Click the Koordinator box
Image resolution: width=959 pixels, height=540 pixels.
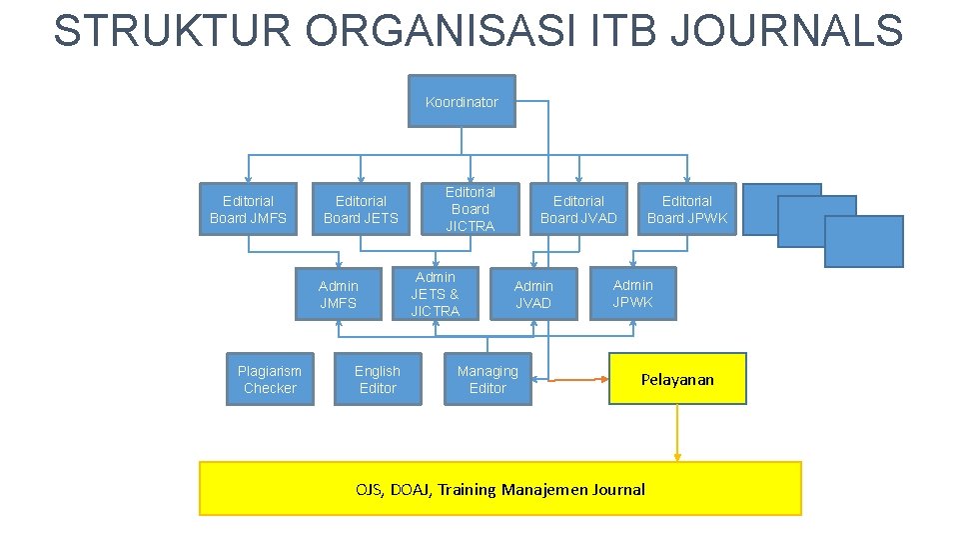pyautogui.click(x=462, y=101)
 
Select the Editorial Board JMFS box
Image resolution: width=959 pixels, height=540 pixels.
pyautogui.click(x=248, y=209)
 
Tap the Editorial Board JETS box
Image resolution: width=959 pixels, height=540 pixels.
pyautogui.click(x=361, y=209)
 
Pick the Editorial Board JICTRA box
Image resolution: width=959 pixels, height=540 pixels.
pyautogui.click(x=470, y=209)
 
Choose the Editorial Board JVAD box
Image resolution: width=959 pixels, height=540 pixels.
pyautogui.click(x=578, y=209)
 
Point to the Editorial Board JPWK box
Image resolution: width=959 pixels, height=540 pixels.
pyautogui.click(x=687, y=209)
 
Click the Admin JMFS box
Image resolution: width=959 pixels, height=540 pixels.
pyautogui.click(x=338, y=294)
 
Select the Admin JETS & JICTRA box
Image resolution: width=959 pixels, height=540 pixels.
pyautogui.click(x=435, y=294)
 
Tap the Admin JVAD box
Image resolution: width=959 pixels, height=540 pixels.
pyautogui.click(x=532, y=294)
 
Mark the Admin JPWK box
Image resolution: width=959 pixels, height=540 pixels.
pyautogui.click(x=632, y=293)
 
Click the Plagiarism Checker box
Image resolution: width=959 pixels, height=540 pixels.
pyautogui.click(x=270, y=379)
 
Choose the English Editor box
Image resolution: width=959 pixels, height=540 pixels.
pyautogui.click(x=377, y=379)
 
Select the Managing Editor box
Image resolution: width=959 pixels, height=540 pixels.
pyautogui.click(x=487, y=379)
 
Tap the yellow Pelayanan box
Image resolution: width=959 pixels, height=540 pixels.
pyautogui.click(x=677, y=379)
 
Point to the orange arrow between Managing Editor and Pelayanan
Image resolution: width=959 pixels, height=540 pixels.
pyautogui.click(x=570, y=380)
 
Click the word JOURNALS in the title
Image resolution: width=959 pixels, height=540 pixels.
pyautogui.click(x=787, y=30)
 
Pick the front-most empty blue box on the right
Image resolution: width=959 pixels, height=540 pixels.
pyautogui.click(x=864, y=242)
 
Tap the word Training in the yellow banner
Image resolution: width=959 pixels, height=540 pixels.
pyautogui.click(x=468, y=490)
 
